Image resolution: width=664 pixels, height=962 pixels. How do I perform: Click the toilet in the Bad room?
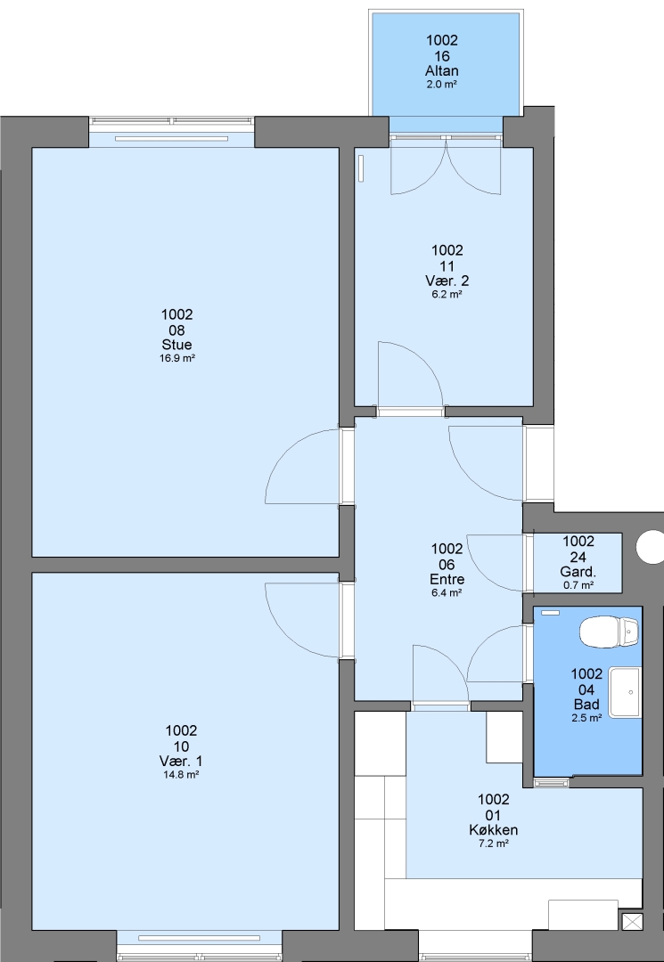pos(609,632)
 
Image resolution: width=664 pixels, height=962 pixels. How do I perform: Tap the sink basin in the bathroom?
pos(625,692)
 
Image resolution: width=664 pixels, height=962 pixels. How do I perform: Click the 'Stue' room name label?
pos(176,344)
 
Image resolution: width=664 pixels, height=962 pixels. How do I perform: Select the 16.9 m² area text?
pos(176,358)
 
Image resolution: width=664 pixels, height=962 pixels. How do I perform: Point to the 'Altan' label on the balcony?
pos(442,70)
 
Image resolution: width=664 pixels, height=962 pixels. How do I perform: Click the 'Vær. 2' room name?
pos(447,281)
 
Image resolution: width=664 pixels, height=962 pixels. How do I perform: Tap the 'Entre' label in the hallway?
pos(447,579)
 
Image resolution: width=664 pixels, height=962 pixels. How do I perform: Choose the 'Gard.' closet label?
pos(578,572)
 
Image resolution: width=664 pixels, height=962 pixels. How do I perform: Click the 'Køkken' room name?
pos(494,829)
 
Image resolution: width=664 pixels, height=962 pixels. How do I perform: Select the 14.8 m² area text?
pos(181,774)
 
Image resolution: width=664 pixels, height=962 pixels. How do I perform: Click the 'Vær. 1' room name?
pos(181,761)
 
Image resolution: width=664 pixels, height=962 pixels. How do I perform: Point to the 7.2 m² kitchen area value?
pos(494,844)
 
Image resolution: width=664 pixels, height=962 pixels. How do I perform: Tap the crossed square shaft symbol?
pos(632,922)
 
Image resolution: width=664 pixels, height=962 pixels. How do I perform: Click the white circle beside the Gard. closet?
pos(651,547)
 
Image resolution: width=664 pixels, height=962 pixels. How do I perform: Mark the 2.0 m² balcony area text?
pos(442,85)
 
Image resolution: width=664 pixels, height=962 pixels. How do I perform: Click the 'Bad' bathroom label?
pos(586,705)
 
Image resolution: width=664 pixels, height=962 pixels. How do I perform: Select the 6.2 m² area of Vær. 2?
pos(447,295)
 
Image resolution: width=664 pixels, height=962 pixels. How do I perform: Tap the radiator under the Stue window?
pos(172,139)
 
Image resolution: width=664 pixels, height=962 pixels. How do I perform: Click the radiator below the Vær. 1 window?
pos(199,938)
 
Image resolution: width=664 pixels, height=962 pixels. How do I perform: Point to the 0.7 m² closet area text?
pos(578,585)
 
